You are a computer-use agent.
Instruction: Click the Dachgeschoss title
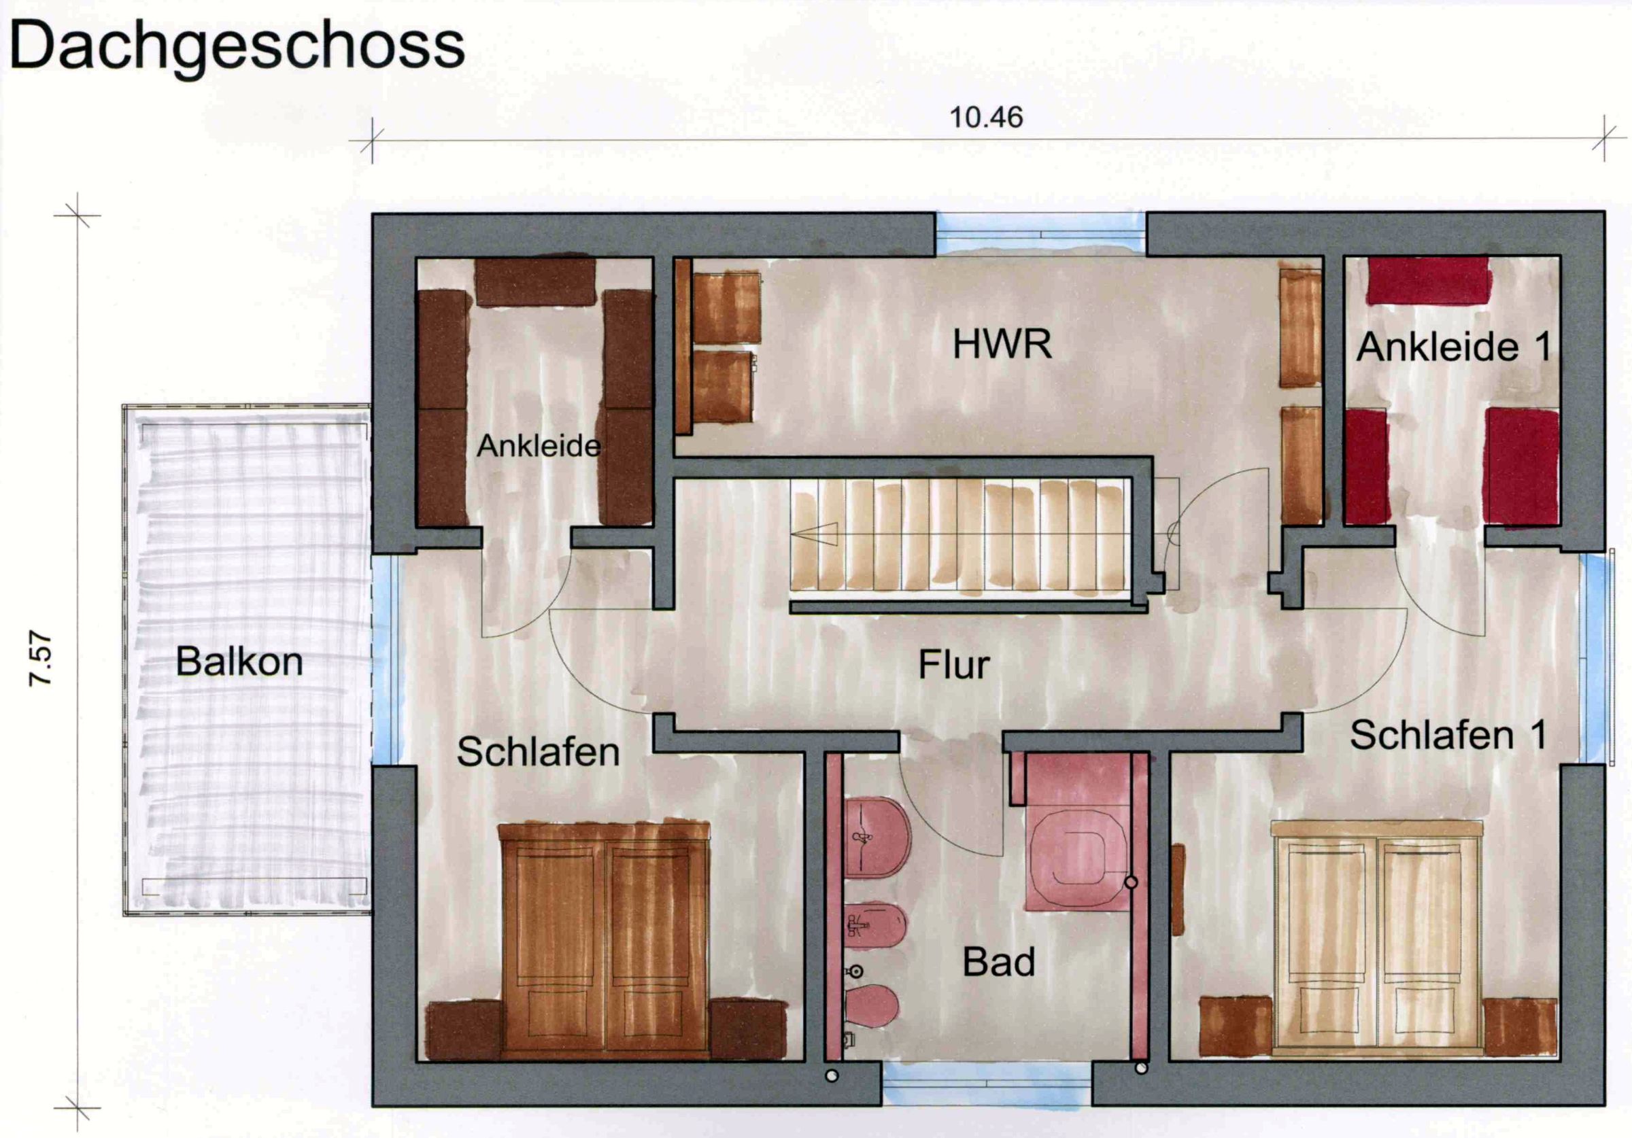pos(237,46)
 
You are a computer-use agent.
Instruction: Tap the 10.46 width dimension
pos(986,118)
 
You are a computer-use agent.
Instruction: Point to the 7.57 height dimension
pos(41,658)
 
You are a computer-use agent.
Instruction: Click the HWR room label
pos(1002,345)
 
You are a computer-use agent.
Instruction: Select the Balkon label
pos(239,661)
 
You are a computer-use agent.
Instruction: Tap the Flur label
pos(953,666)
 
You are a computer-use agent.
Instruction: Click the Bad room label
pos(998,963)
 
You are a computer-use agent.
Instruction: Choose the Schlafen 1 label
pos(1448,735)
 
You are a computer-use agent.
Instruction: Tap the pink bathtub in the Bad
pos(1077,859)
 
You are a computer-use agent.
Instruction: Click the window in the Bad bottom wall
pos(987,1086)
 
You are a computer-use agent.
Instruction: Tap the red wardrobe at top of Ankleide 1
pos(1428,280)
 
